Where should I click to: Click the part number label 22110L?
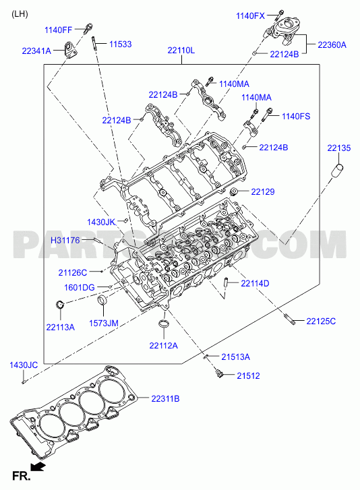click(181, 50)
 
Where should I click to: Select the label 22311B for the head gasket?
click(165, 398)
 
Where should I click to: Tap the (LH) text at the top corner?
click(20, 14)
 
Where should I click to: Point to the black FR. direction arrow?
click(38, 467)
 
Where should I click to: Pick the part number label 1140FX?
click(250, 16)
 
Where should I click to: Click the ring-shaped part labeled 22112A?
click(163, 324)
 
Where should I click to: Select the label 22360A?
click(332, 44)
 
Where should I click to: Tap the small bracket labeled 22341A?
click(70, 50)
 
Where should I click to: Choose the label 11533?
click(120, 44)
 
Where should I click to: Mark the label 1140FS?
click(296, 116)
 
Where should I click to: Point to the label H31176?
click(65, 240)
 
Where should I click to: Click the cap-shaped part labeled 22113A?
click(59, 303)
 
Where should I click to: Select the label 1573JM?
click(104, 323)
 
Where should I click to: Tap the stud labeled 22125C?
click(290, 320)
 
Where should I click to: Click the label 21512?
click(248, 375)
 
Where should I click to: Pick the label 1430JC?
click(24, 365)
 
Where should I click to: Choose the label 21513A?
click(236, 357)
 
